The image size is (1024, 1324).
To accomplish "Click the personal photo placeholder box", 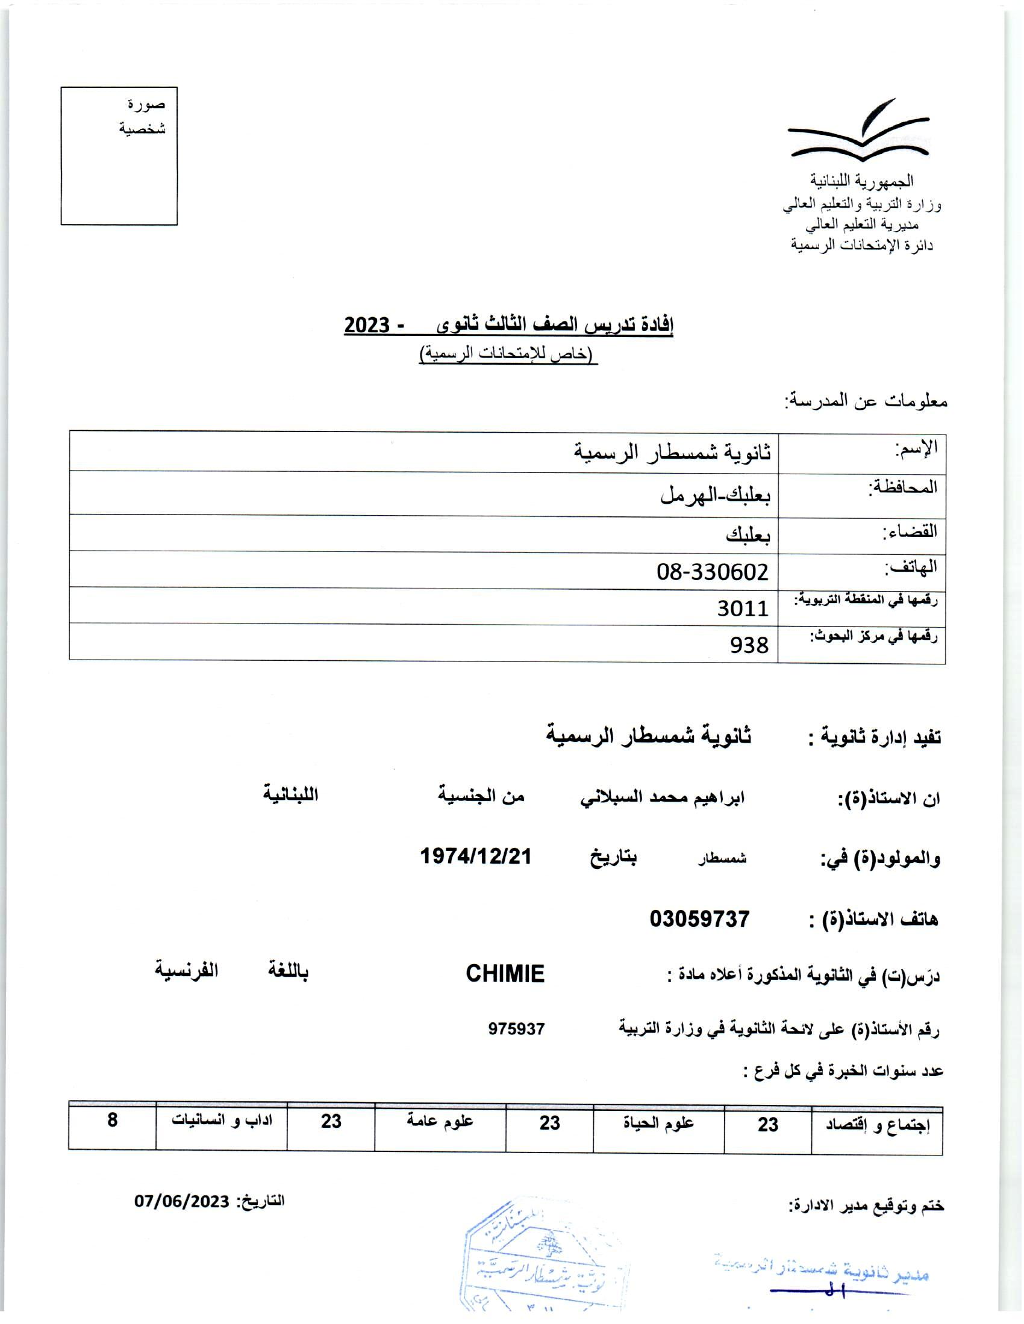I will [119, 156].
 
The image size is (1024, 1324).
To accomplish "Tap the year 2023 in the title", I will [366, 326].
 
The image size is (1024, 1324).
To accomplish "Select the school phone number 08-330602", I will [712, 571].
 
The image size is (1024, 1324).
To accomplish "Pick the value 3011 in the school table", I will [743, 607].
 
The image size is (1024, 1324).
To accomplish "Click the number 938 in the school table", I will [749, 645].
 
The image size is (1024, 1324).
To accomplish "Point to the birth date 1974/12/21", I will [476, 856].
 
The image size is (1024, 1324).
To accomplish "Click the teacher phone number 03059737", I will [699, 919].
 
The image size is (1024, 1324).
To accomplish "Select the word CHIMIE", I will [505, 974].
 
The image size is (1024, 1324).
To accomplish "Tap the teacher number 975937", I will [516, 1028].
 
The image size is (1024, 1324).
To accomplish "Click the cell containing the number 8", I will [112, 1121].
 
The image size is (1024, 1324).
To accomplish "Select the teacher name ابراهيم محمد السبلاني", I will [662, 798].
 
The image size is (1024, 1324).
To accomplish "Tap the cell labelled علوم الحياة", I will [658, 1124].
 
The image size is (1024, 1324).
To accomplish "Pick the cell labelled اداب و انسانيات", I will [222, 1121].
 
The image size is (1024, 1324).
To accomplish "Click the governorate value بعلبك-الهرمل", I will [715, 495].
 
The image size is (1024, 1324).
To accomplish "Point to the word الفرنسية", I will [186, 970].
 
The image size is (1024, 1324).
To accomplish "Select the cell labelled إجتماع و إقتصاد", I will [876, 1126].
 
